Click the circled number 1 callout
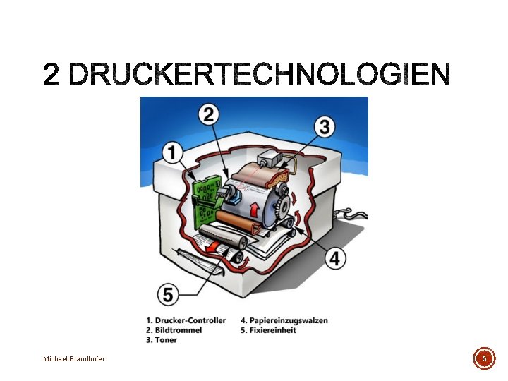pyautogui.click(x=173, y=152)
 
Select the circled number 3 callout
pyautogui.click(x=325, y=127)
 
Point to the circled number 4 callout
pyautogui.click(x=334, y=258)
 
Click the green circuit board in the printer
pyautogui.click(x=206, y=198)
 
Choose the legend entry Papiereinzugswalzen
pyautogui.click(x=284, y=320)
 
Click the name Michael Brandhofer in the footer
pyautogui.click(x=74, y=359)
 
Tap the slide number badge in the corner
pyautogui.click(x=484, y=358)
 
